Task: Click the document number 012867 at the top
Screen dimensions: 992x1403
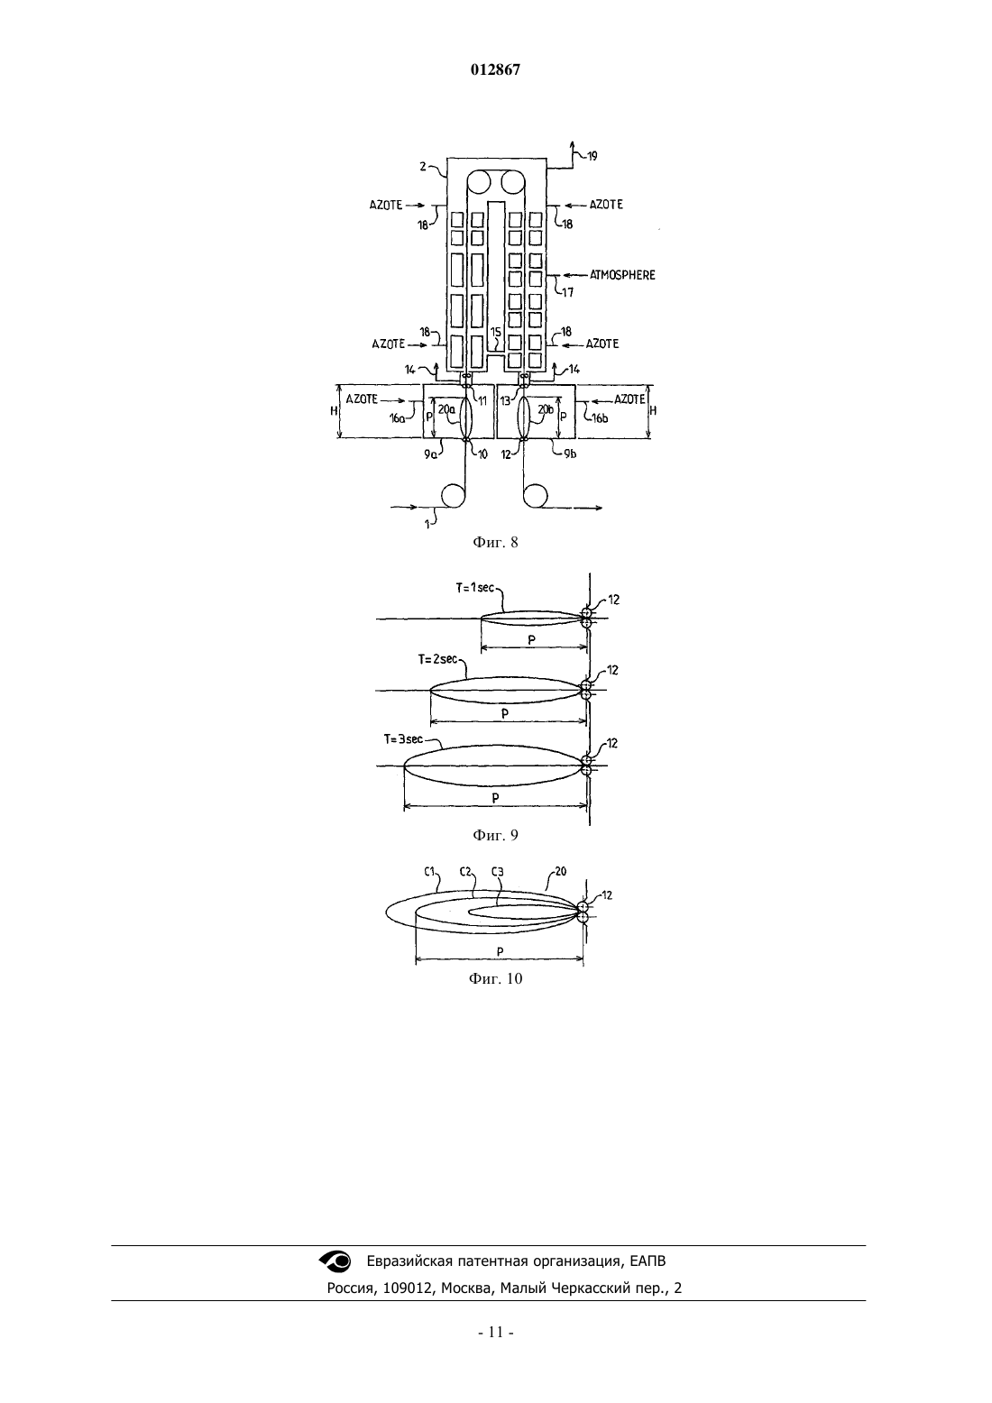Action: (x=495, y=70)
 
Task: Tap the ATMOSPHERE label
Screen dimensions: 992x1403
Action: (x=622, y=275)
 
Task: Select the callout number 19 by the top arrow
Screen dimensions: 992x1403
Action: (x=592, y=156)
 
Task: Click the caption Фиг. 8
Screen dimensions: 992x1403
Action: (x=495, y=543)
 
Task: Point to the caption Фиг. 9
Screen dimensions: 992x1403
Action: (x=495, y=836)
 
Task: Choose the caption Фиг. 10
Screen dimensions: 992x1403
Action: (x=495, y=979)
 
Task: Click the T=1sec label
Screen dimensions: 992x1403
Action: (x=474, y=588)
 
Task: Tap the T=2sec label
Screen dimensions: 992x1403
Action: (x=437, y=659)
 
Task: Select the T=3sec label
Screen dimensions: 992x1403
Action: (x=403, y=739)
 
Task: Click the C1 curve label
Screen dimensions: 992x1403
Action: (x=429, y=871)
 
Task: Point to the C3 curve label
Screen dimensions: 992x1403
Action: (x=497, y=871)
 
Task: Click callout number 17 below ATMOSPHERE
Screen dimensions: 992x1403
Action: (x=567, y=292)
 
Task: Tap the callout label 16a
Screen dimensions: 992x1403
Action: (x=398, y=418)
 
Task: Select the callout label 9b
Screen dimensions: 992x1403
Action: (x=569, y=454)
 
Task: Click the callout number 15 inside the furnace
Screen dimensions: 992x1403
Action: (x=495, y=332)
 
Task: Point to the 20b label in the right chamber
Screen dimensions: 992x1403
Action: (x=546, y=409)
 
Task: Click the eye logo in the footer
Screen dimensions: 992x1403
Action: (x=335, y=1261)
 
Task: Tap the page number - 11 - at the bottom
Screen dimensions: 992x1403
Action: (x=496, y=1344)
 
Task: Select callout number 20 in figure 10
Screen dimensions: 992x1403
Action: (x=561, y=871)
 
